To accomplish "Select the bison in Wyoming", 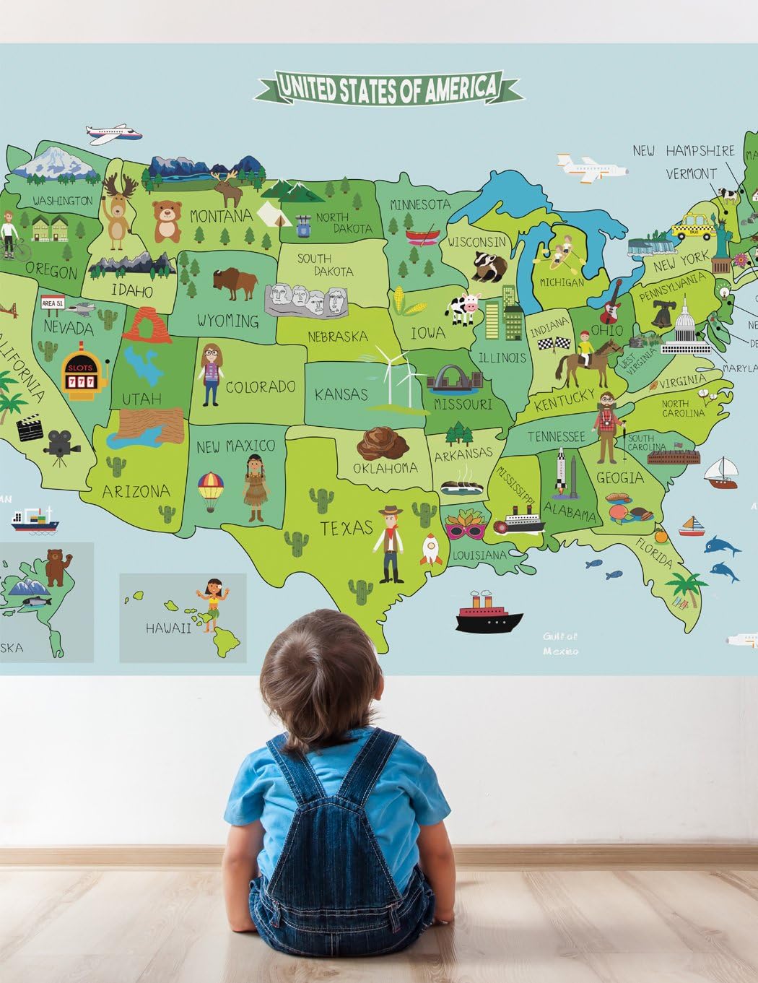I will [235, 282].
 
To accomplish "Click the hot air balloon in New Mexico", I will [211, 490].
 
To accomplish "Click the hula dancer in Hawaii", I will [212, 597].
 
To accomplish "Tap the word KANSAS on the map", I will [341, 395].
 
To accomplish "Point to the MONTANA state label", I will [221, 215].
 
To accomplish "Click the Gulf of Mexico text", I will [561, 644].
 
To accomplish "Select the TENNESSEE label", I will [556, 436].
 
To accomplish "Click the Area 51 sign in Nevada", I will [53, 303].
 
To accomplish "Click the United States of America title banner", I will [388, 88].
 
